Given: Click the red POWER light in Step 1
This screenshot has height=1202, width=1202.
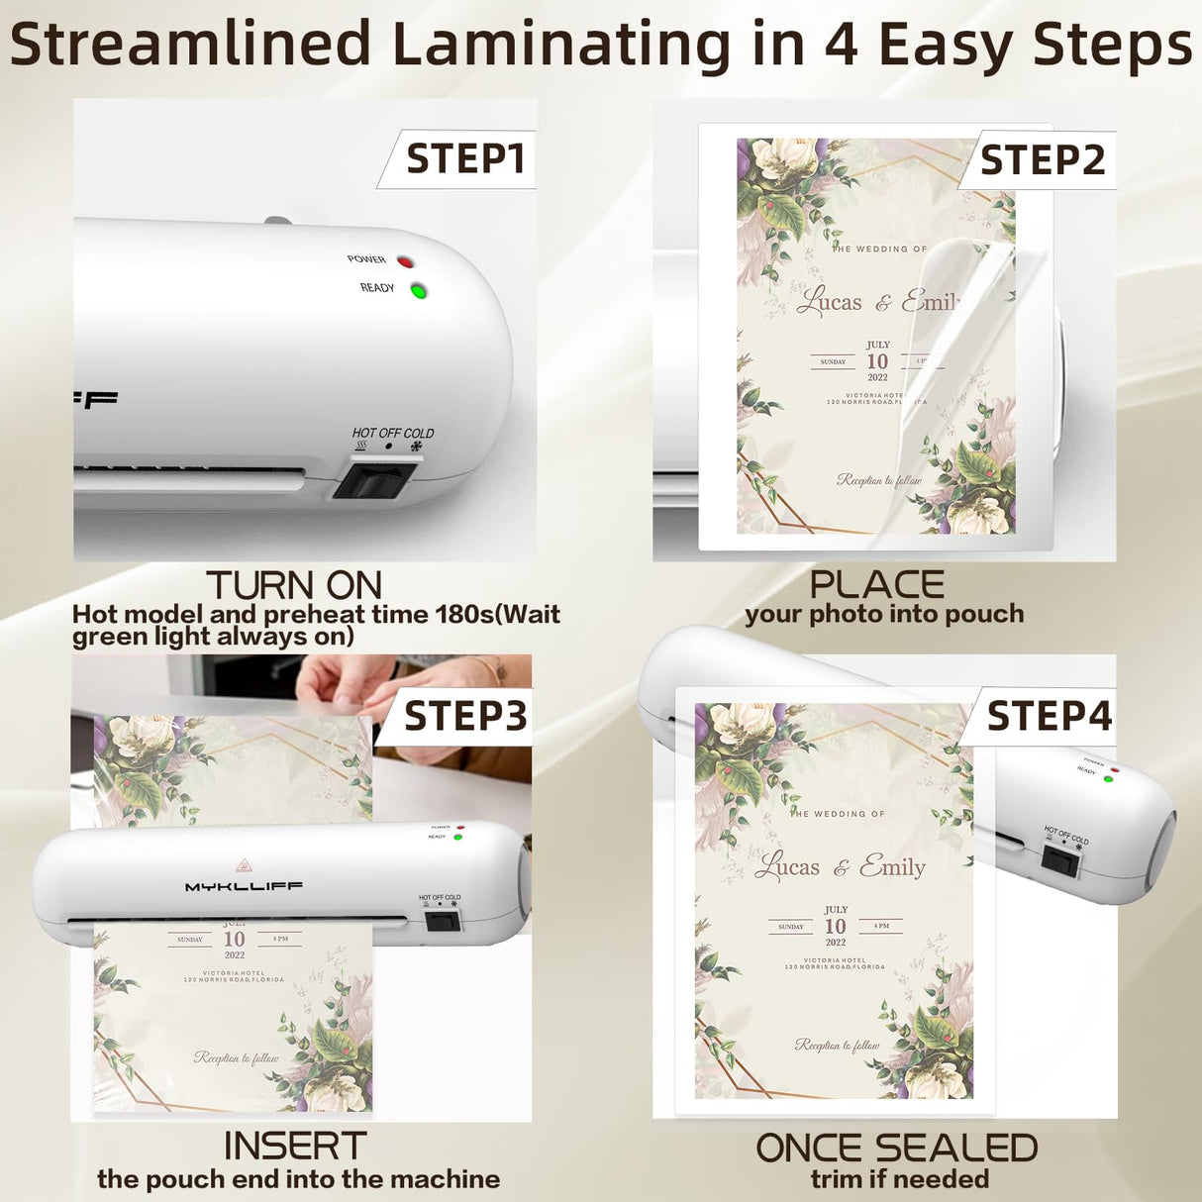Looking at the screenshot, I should pyautogui.click(x=405, y=261).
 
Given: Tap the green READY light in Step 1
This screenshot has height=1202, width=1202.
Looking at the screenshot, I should pyautogui.click(x=419, y=291).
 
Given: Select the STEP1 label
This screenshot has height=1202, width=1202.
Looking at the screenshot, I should pyautogui.click(x=464, y=159).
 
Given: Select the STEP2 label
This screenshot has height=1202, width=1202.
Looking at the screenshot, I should pyautogui.click(x=1042, y=160).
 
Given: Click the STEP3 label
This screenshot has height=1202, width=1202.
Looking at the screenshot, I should pyautogui.click(x=465, y=716).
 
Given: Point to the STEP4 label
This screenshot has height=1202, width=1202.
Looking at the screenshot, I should pyautogui.click(x=1050, y=716).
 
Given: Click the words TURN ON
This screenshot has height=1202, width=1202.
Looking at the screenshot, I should pyautogui.click(x=293, y=585).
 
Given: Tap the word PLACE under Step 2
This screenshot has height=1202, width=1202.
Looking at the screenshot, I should pyautogui.click(x=876, y=584).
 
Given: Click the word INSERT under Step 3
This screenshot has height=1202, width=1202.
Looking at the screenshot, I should pyautogui.click(x=295, y=1146).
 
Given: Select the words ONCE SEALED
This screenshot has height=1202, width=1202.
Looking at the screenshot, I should pyautogui.click(x=897, y=1149).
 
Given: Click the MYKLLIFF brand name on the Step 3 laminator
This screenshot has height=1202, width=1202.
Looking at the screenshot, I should pyautogui.click(x=244, y=886).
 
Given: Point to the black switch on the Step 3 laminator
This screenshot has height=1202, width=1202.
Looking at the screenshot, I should pyautogui.click(x=443, y=922).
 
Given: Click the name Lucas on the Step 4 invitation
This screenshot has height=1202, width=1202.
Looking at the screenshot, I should pyautogui.click(x=788, y=867).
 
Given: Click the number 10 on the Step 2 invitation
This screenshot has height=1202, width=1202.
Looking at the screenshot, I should pyautogui.click(x=877, y=361).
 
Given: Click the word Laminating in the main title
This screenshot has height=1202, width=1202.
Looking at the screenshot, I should pyautogui.click(x=560, y=45).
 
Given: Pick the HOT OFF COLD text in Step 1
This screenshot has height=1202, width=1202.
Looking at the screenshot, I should pyautogui.click(x=393, y=433).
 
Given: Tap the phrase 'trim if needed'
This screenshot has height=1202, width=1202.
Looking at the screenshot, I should pyautogui.click(x=899, y=1179).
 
